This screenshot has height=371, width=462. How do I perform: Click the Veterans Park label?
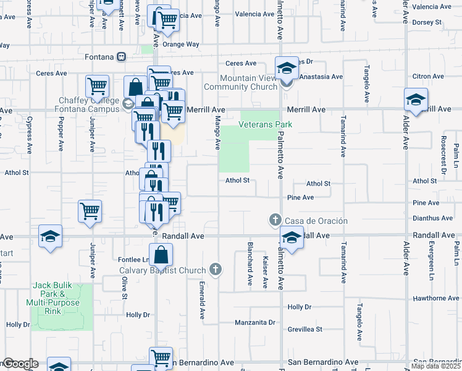[x=265, y=124]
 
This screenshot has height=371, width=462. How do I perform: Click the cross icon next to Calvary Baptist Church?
[x=215, y=268]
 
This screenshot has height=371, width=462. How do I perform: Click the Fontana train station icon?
[x=122, y=57]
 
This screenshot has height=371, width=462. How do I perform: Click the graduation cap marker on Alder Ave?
[x=416, y=99]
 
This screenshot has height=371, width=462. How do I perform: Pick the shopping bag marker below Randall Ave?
[x=161, y=254]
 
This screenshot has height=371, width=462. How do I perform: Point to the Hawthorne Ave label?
[x=437, y=298]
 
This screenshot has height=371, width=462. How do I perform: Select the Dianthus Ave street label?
[x=433, y=218]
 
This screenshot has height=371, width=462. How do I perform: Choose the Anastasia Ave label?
[x=321, y=77]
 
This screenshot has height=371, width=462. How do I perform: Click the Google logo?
[x=20, y=364]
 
